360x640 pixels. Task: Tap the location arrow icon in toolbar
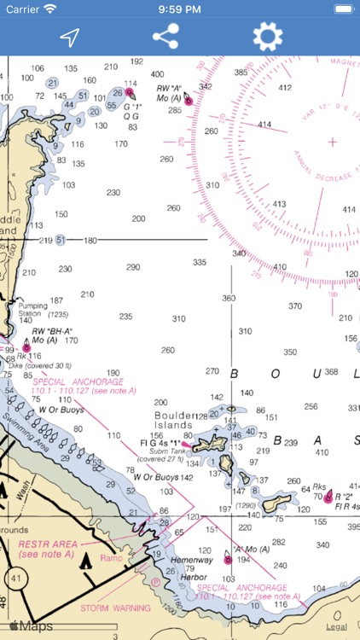69,38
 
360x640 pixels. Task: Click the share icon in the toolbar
165,37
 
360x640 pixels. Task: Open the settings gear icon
267,37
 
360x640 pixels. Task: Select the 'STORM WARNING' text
115,608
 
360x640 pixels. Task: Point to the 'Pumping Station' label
34,309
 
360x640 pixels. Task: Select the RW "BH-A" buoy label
52,330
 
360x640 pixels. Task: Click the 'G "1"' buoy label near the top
131,108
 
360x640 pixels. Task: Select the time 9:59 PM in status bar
179,9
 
